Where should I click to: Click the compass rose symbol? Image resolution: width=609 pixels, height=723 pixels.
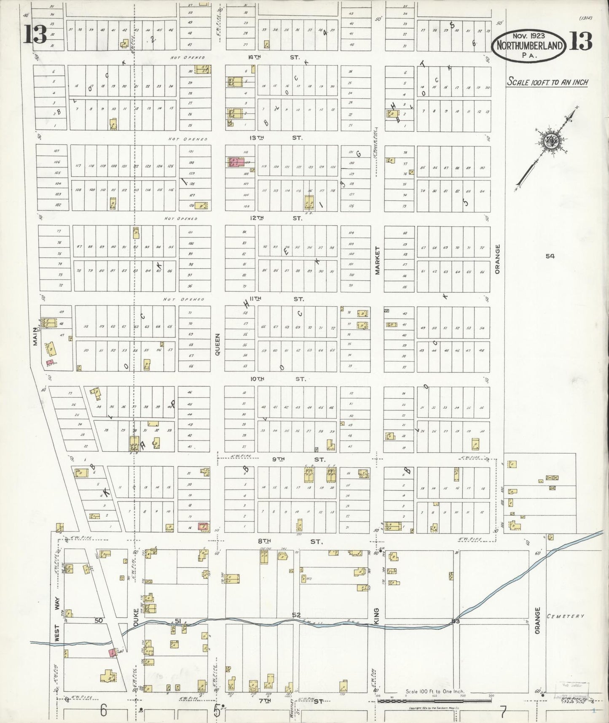coord(549,140)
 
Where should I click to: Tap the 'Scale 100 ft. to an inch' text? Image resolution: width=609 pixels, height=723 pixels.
coord(547,82)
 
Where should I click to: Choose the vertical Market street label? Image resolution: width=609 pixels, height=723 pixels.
coord(378,260)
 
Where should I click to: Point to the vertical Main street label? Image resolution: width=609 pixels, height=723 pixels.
coord(36,337)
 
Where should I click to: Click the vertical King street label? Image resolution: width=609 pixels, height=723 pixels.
coord(376,616)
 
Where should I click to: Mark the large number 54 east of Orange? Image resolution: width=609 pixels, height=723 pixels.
coord(550,256)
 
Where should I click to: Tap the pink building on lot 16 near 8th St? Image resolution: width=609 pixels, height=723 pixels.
coord(203,526)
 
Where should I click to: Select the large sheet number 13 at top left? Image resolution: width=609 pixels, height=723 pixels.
coord(35,35)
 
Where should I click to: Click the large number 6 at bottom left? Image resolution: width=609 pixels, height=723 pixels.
coord(103,711)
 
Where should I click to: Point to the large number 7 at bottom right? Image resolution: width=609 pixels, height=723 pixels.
coord(502,712)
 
